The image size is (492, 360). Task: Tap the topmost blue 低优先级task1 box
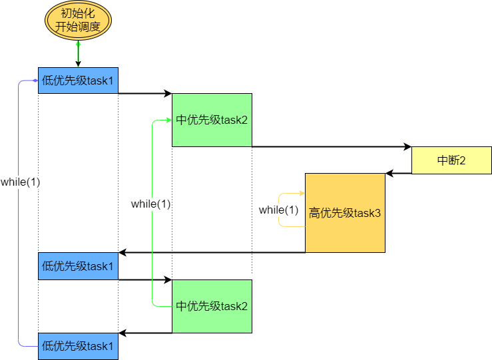78,81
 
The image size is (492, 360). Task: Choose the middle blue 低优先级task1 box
78,266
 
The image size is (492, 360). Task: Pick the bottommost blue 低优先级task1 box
78,346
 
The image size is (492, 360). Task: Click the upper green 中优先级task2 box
212,120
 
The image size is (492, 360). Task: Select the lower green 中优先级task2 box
212,306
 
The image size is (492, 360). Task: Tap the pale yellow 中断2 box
451,160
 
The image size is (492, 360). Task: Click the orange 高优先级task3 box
345,213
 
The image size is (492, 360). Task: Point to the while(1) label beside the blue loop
20,182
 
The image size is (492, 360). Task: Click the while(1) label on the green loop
151,204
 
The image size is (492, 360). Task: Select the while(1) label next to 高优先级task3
278,210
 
